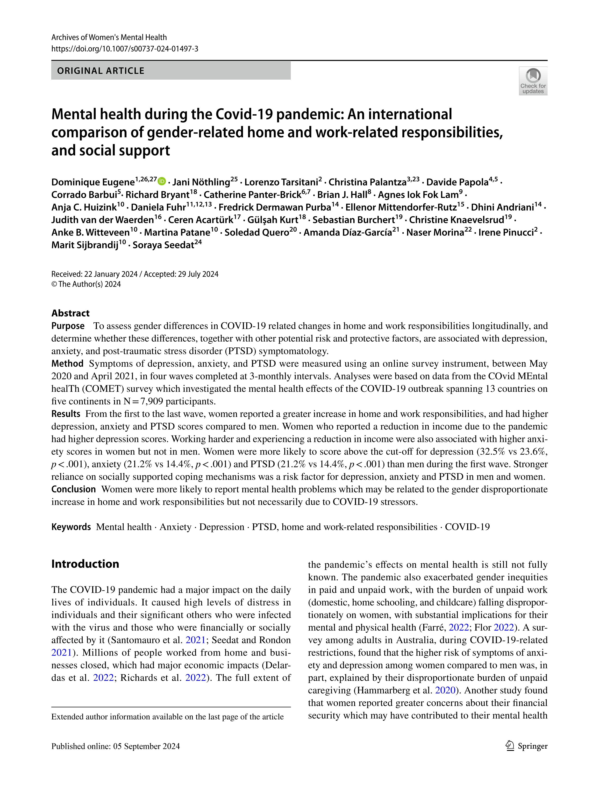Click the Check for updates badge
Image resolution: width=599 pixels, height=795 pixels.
click(x=533, y=81)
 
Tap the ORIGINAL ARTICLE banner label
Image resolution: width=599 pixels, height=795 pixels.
click(x=101, y=71)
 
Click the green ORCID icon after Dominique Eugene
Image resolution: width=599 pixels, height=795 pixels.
click(x=162, y=181)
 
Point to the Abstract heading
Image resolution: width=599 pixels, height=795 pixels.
click(x=71, y=313)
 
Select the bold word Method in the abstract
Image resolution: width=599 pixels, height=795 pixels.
click(x=67, y=364)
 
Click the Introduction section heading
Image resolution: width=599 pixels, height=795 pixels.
click(x=85, y=564)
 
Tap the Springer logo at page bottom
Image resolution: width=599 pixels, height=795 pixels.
click(x=526, y=746)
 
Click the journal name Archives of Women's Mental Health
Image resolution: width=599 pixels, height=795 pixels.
click(x=109, y=37)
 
